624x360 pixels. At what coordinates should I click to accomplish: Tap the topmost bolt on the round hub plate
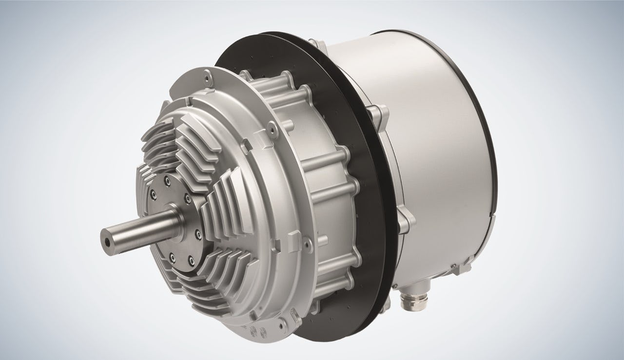[168, 181]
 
